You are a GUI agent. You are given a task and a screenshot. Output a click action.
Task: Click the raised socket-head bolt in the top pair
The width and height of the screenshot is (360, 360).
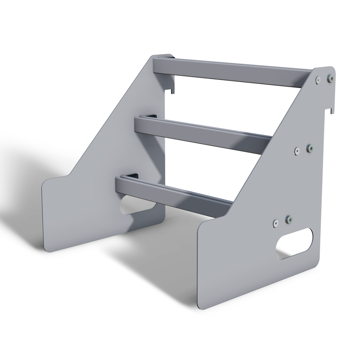coord(330,77)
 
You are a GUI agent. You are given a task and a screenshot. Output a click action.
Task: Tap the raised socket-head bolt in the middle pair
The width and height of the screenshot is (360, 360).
coord(310,148)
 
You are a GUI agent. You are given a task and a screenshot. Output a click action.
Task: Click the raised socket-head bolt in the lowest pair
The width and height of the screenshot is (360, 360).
coord(288,219)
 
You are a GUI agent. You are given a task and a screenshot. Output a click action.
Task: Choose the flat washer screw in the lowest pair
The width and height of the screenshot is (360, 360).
coord(275,223)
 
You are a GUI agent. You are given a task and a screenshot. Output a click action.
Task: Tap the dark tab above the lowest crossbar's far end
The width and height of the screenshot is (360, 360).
coord(133,176)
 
